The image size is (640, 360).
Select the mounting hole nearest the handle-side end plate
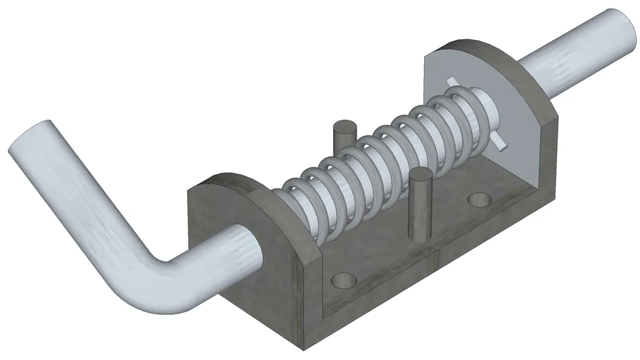tap(344, 280)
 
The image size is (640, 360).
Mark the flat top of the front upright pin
tap(421, 175)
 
